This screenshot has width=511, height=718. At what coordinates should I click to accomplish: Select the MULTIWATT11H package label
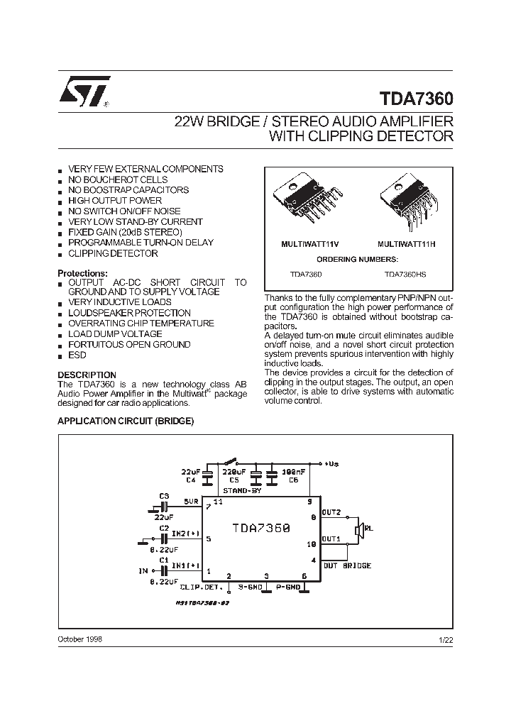[407, 243]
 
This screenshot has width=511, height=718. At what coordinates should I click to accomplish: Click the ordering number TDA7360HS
[405, 272]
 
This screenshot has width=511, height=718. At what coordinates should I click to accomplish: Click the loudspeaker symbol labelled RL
[360, 528]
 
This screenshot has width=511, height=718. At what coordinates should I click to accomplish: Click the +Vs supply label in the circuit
[332, 463]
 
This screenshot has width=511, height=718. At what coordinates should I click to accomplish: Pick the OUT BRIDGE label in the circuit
[347, 565]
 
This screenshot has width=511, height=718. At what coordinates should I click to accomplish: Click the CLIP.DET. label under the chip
[202, 587]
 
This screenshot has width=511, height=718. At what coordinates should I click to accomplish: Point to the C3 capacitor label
[164, 495]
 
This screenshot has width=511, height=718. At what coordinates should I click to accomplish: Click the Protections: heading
[82, 273]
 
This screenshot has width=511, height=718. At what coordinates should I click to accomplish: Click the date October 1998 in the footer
[79, 639]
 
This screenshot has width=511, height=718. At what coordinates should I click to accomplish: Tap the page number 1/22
[445, 639]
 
